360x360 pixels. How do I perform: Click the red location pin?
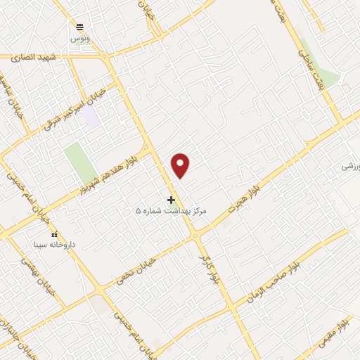[181, 165]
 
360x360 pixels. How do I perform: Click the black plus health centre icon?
[171, 200]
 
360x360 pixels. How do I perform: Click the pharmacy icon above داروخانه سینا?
[54, 234]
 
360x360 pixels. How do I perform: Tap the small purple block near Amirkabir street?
[91, 116]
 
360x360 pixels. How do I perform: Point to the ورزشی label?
[351, 166]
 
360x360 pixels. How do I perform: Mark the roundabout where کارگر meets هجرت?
[200, 237]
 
